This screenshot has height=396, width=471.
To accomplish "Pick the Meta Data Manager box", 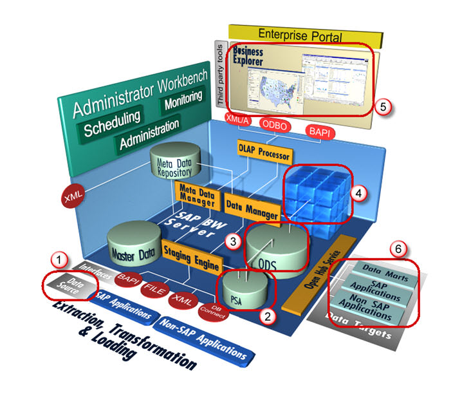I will pos(197,193).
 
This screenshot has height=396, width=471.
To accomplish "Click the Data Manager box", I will pos(252,207).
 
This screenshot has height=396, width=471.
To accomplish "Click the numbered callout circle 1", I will pos(59,260).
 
